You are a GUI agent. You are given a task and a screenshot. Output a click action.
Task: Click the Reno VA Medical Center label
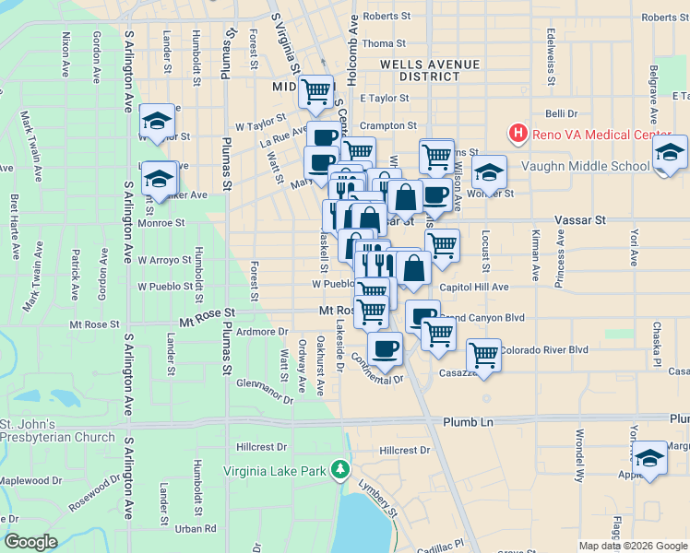[602, 135]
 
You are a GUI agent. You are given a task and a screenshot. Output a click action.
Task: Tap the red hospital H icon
[518, 135]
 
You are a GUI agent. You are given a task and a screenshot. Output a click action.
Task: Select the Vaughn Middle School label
[585, 166]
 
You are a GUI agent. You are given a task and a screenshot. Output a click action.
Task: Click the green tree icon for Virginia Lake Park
[341, 470]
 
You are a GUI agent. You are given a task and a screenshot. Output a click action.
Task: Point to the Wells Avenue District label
[430, 70]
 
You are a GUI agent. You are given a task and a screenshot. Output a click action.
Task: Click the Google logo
[30, 543]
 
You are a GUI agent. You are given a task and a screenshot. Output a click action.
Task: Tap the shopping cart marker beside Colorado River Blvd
[483, 355]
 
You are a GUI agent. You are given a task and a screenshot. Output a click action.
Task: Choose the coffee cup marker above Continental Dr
[385, 349]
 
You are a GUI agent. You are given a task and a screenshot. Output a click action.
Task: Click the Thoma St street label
[384, 43]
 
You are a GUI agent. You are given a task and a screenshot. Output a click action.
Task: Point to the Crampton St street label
[388, 125]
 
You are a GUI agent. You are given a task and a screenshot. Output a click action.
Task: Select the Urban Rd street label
[196, 529]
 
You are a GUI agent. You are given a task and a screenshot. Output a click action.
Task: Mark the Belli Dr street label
[561, 113]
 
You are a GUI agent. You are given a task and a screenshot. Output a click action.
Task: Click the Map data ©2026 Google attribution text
[632, 546]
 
